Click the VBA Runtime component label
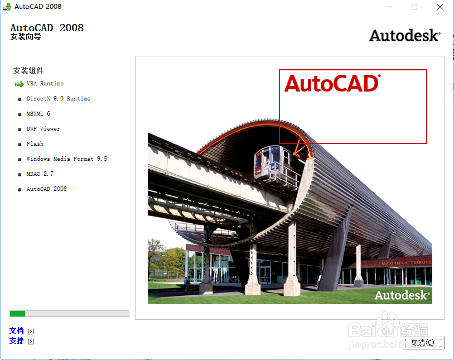tap(45, 84)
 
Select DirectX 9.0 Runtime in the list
tap(58, 99)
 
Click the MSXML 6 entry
tap(38, 114)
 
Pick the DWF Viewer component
tap(43, 129)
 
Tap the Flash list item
tap(35, 144)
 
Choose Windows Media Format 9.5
tap(66, 159)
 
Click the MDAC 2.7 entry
tap(40, 174)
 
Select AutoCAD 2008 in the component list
tap(46, 189)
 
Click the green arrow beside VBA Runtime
tap(19, 84)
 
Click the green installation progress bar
tap(17, 314)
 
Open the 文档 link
tap(17, 330)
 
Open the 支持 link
tap(17, 340)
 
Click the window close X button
tap(439, 7)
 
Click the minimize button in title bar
tap(389, 7)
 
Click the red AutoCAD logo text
tap(331, 84)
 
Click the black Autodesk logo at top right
tap(404, 36)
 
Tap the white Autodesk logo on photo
tap(402, 295)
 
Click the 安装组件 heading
tap(28, 71)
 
